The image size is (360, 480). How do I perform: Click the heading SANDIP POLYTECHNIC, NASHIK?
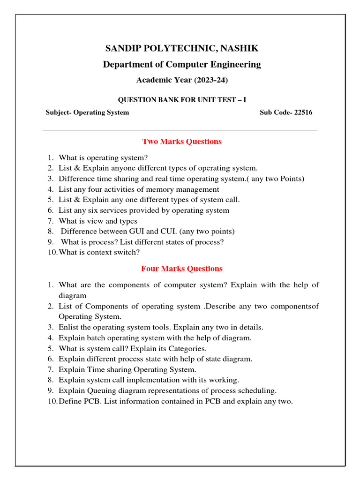[182, 48]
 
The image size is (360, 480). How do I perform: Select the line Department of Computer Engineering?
[182, 64]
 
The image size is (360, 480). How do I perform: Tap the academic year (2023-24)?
[182, 80]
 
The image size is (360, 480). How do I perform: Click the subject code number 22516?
[303, 112]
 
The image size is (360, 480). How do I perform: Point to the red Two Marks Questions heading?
[182, 142]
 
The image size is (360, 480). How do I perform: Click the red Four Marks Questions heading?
[182, 269]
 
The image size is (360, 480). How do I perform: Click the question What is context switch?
[99, 252]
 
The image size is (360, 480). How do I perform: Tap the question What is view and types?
[98, 221]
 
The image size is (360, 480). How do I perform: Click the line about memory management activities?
[139, 189]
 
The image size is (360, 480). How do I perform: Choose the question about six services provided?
[144, 210]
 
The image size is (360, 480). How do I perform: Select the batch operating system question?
[155, 337]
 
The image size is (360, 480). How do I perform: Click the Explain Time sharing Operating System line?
[127, 369]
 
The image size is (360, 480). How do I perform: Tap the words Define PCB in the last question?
[74, 401]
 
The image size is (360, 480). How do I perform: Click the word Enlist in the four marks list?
[68, 327]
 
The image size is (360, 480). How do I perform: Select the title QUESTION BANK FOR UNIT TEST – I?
[182, 99]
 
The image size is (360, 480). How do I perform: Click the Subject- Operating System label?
[87, 112]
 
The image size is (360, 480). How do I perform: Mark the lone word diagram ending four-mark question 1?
[73, 296]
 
